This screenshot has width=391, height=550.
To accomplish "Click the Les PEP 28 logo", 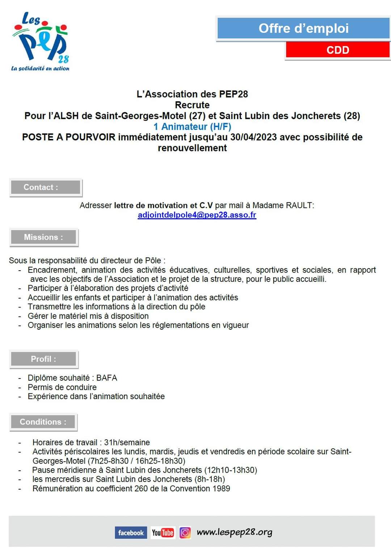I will click(x=41, y=38).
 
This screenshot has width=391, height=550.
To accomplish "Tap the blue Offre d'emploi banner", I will click(x=303, y=29).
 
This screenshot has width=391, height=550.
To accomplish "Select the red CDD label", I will click(x=337, y=50).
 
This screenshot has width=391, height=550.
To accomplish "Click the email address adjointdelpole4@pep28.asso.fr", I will click(x=197, y=215).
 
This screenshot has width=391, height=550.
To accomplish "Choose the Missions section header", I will click(x=43, y=237).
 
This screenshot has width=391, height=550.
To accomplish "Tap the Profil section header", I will click(x=43, y=359).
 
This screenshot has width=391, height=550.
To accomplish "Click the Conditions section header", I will click(x=43, y=422).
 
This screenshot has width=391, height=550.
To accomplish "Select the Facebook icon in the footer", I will click(x=131, y=533).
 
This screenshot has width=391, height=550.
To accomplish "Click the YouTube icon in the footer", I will click(x=163, y=533).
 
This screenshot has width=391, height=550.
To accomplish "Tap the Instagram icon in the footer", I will click(x=185, y=533).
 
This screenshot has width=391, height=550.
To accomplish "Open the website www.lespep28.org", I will click(x=234, y=532).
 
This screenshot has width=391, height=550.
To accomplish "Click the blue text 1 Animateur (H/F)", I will click(x=192, y=127).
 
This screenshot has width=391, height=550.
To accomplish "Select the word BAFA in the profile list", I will click(x=106, y=378).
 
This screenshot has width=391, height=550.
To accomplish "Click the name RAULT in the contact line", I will click(x=299, y=206).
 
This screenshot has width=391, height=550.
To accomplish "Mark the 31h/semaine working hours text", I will click(x=127, y=443).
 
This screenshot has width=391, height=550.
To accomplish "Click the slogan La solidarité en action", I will click(x=40, y=68).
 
